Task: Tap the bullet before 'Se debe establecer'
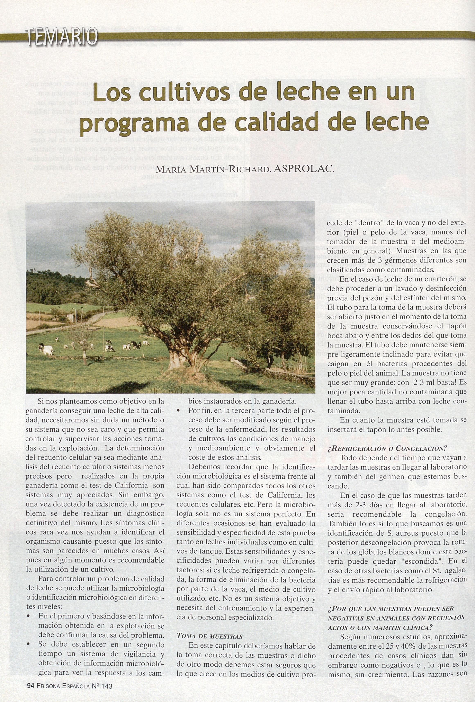coord(29,644)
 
